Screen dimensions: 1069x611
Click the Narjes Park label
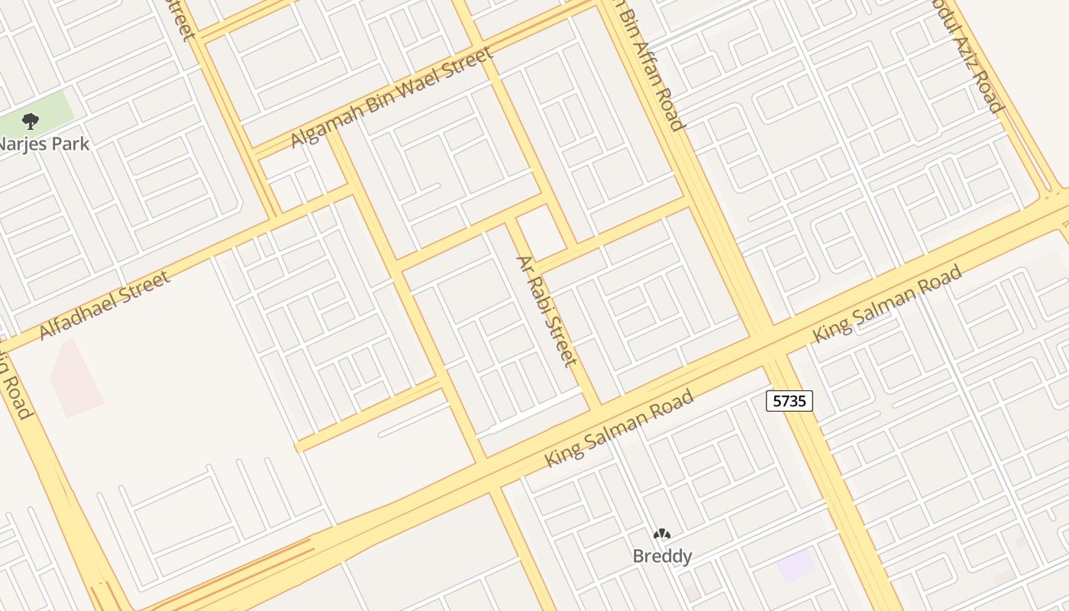(x=44, y=144)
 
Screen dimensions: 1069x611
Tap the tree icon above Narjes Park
(x=31, y=121)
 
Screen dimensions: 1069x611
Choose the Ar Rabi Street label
(x=547, y=310)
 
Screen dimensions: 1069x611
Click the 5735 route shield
(x=790, y=400)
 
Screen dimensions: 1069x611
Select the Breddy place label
(x=662, y=556)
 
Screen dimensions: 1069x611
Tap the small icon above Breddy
(x=662, y=534)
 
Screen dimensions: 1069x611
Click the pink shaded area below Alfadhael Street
(x=75, y=379)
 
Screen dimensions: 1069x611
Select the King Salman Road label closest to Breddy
(x=619, y=428)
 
